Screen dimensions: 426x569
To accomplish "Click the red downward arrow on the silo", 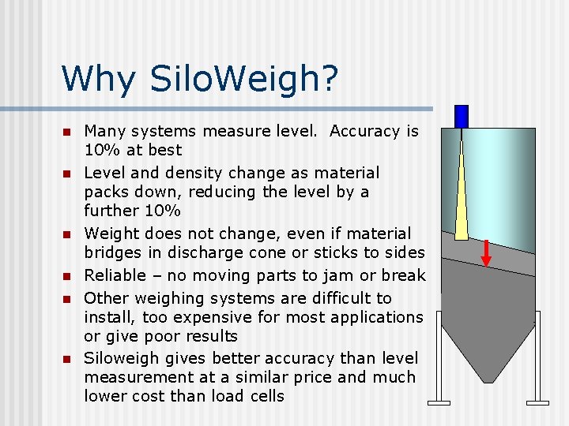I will [x=488, y=252].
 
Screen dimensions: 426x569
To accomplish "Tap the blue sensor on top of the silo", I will [x=462, y=117].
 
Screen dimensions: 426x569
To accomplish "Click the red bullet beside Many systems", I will [x=68, y=132].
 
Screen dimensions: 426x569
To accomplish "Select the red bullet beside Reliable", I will [x=68, y=276].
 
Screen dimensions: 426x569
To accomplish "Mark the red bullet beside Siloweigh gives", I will [x=68, y=358].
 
